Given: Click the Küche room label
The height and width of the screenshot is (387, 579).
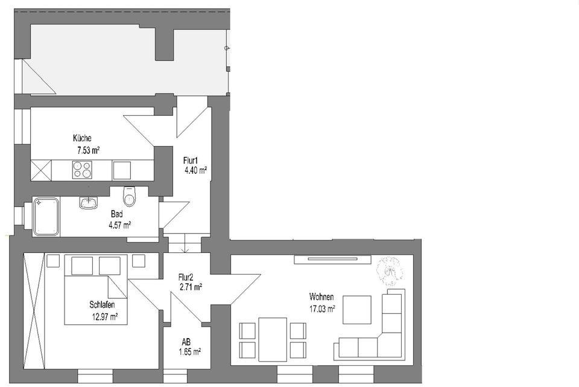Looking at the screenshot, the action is pos(81,138).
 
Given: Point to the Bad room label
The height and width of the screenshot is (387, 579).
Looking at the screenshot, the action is pos(117,214).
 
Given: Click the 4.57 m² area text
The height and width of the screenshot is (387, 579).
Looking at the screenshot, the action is pos(119,225).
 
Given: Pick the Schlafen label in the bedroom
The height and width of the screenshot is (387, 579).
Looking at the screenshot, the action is pos(102,304).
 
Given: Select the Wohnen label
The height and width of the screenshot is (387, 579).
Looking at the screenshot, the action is pos(321,297).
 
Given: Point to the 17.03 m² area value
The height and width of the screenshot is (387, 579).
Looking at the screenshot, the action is pos(322,307).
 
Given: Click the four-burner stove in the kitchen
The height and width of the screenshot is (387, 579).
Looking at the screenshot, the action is pos(82,170).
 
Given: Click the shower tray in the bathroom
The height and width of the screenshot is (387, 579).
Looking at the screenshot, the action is pos(46,216).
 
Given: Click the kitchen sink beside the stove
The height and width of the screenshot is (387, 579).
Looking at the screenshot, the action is pos(121,170).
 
